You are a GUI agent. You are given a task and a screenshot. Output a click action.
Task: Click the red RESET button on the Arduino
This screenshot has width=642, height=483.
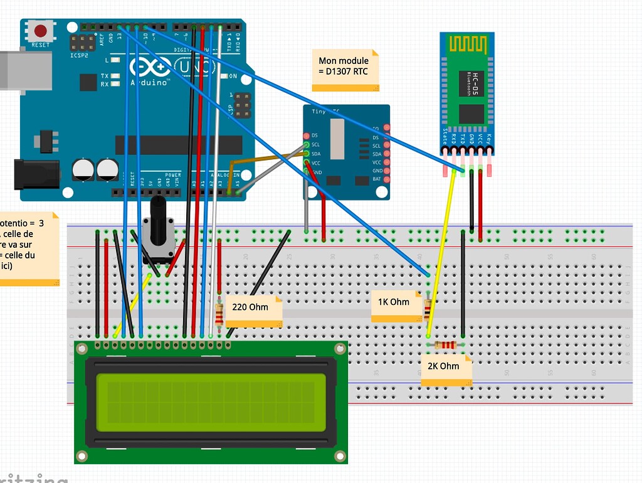[x=41, y=31]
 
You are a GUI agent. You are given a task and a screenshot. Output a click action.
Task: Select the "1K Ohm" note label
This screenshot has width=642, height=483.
[x=393, y=302]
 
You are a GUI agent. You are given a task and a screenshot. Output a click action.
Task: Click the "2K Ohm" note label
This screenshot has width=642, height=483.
[x=445, y=367]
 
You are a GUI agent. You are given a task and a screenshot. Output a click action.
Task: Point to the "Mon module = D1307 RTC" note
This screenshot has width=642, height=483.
[x=345, y=66]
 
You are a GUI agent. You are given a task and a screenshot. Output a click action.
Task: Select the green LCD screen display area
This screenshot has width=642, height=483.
[x=211, y=403]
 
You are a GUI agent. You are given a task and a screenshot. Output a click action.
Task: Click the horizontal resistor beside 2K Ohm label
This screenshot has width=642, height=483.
[x=445, y=344]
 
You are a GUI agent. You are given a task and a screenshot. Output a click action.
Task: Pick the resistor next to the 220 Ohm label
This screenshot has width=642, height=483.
[x=219, y=314]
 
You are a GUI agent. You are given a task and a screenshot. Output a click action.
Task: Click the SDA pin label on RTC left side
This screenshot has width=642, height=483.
[x=315, y=154]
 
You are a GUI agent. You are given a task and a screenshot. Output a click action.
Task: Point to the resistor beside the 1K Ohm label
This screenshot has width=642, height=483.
[x=428, y=309]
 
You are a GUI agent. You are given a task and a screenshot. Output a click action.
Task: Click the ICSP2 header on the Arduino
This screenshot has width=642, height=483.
[x=82, y=44]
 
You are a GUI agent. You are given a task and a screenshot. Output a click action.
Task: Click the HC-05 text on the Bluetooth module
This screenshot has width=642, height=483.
[x=475, y=84]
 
